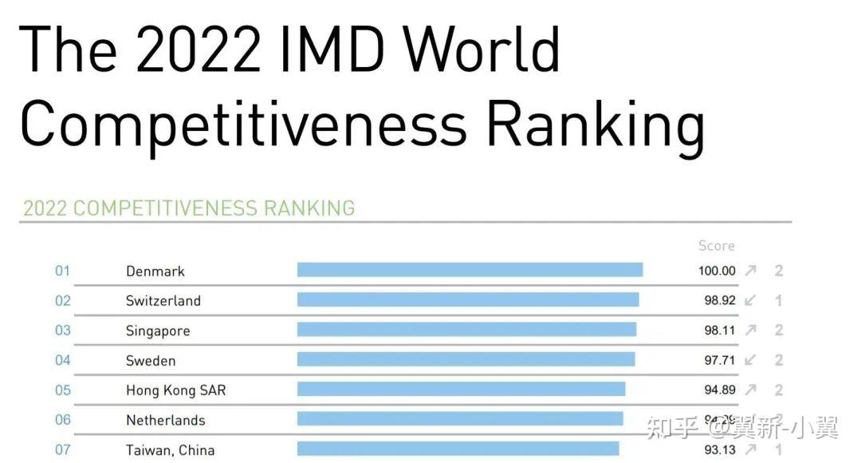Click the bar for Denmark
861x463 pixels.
[470, 270]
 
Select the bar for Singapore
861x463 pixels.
[466, 330]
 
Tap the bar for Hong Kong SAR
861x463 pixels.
[461, 390]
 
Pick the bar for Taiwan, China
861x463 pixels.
[458, 449]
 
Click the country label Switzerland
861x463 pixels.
[163, 301]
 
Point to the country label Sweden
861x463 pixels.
[151, 361]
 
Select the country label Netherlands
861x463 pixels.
[166, 420]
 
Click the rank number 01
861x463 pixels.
[62, 271]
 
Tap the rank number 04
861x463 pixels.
[62, 360]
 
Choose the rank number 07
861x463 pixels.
[62, 449]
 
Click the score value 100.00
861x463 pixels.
[717, 271]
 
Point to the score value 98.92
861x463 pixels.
[720, 301]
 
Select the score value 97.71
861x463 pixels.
[720, 360]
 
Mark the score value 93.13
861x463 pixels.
[720, 449]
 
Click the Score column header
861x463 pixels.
[716, 246]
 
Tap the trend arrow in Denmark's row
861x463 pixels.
[750, 271]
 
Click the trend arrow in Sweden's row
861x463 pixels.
[750, 360]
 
